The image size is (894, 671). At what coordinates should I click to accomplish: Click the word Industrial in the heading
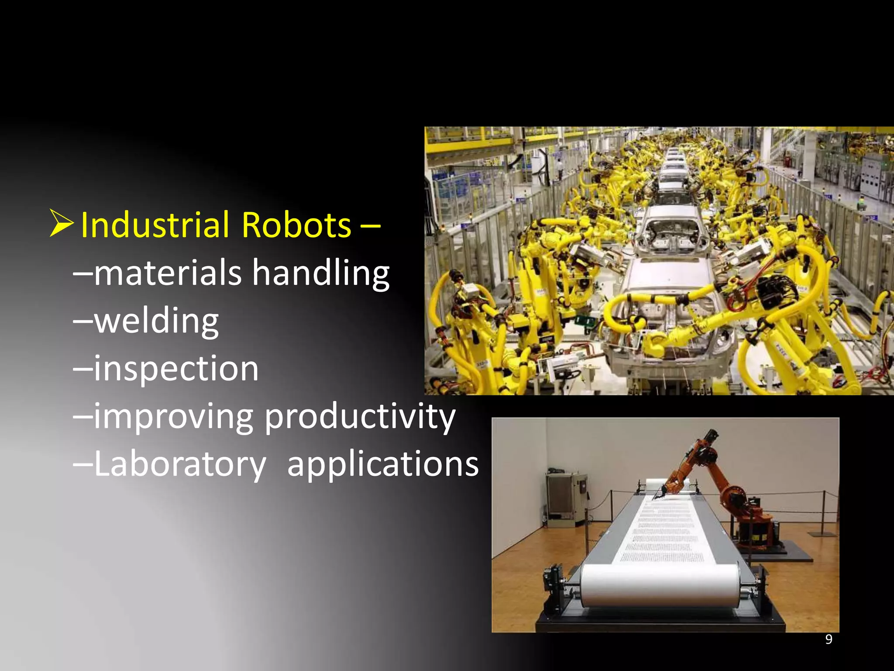coord(155,225)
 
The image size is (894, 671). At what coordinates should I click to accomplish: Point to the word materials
coord(168,273)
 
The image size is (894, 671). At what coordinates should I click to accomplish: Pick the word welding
coord(156,322)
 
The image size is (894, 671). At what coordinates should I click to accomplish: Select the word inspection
coord(176,369)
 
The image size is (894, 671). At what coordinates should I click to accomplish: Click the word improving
coord(173,417)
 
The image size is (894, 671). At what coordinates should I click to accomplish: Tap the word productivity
coord(360,417)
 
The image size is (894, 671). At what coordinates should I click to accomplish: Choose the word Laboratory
coord(180,464)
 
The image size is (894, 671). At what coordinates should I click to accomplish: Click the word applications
coord(383,464)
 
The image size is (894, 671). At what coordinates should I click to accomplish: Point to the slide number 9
coord(829,640)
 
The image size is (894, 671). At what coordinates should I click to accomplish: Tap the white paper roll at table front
coord(659,585)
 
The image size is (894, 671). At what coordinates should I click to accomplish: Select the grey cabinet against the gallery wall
coord(565,498)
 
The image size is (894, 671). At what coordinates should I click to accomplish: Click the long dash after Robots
coord(370,226)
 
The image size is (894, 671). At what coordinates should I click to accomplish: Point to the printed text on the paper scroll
coord(664,533)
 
